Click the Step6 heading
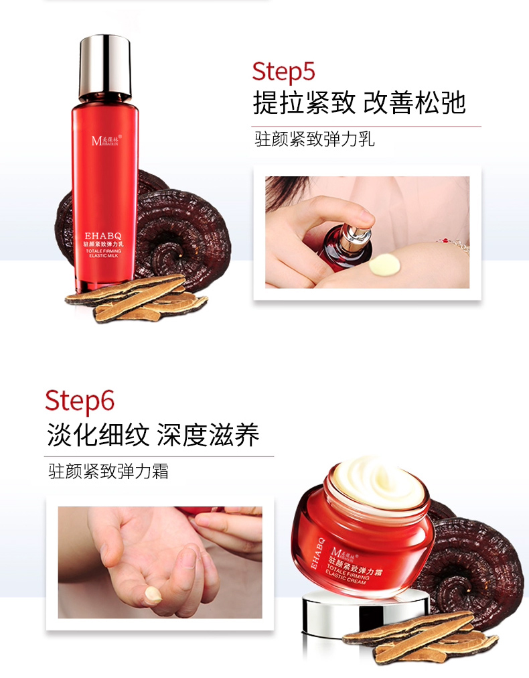80,401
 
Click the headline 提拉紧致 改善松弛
359,103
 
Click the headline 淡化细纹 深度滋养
153,435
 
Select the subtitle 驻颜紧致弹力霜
108,471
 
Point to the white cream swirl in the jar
379,482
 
